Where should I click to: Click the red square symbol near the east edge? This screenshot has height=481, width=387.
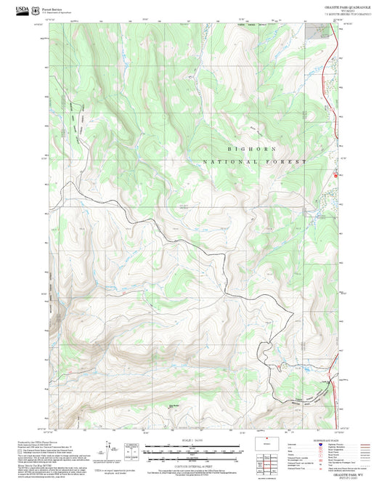pyautogui.click(x=335, y=175)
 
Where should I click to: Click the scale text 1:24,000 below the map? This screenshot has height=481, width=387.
pyautogui.click(x=193, y=439)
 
